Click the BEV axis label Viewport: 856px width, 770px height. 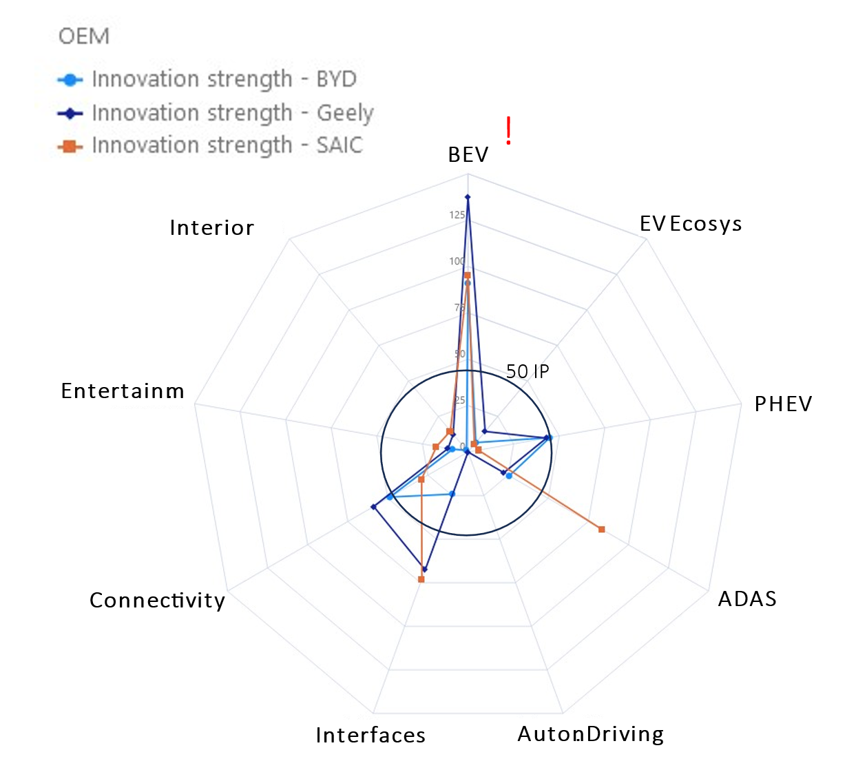click(x=468, y=155)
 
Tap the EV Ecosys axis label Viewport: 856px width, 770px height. click(x=690, y=224)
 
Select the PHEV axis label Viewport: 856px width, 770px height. click(x=783, y=404)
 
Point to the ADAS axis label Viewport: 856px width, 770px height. click(x=747, y=599)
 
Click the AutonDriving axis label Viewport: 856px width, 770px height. click(x=590, y=734)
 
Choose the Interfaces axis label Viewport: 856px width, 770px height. click(x=370, y=736)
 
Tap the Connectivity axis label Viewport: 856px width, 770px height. click(x=157, y=601)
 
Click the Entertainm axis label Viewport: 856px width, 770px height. click(x=123, y=391)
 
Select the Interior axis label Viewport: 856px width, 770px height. click(x=211, y=228)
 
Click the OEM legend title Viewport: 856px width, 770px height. click(x=84, y=36)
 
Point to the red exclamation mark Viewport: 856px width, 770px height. click(x=508, y=131)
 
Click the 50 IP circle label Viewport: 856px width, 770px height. click(x=528, y=372)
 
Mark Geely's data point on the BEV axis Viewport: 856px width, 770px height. click(x=468, y=198)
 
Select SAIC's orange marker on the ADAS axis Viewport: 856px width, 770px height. click(x=601, y=529)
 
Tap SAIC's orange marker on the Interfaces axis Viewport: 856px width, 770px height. click(x=421, y=579)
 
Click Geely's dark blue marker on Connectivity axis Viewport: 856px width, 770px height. click(x=373, y=507)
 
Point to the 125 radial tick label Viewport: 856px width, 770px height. click(x=457, y=215)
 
